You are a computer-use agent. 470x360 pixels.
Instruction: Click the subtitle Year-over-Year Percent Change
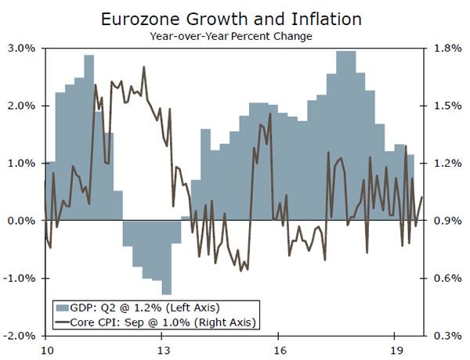coord(234,35)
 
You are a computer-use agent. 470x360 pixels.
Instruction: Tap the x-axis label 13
coord(162,350)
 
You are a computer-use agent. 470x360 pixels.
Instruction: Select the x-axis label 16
coord(279,350)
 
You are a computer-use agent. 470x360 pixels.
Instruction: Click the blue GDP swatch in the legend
coord(60,307)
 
